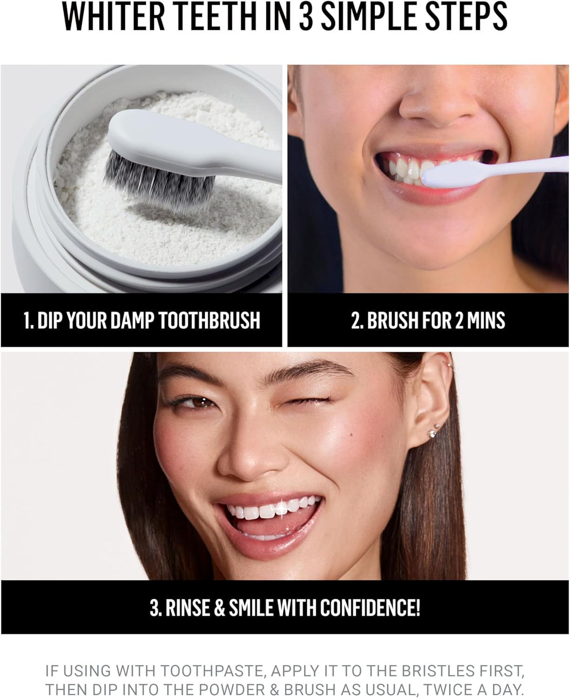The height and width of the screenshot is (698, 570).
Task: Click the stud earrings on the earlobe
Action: click(434, 431)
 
